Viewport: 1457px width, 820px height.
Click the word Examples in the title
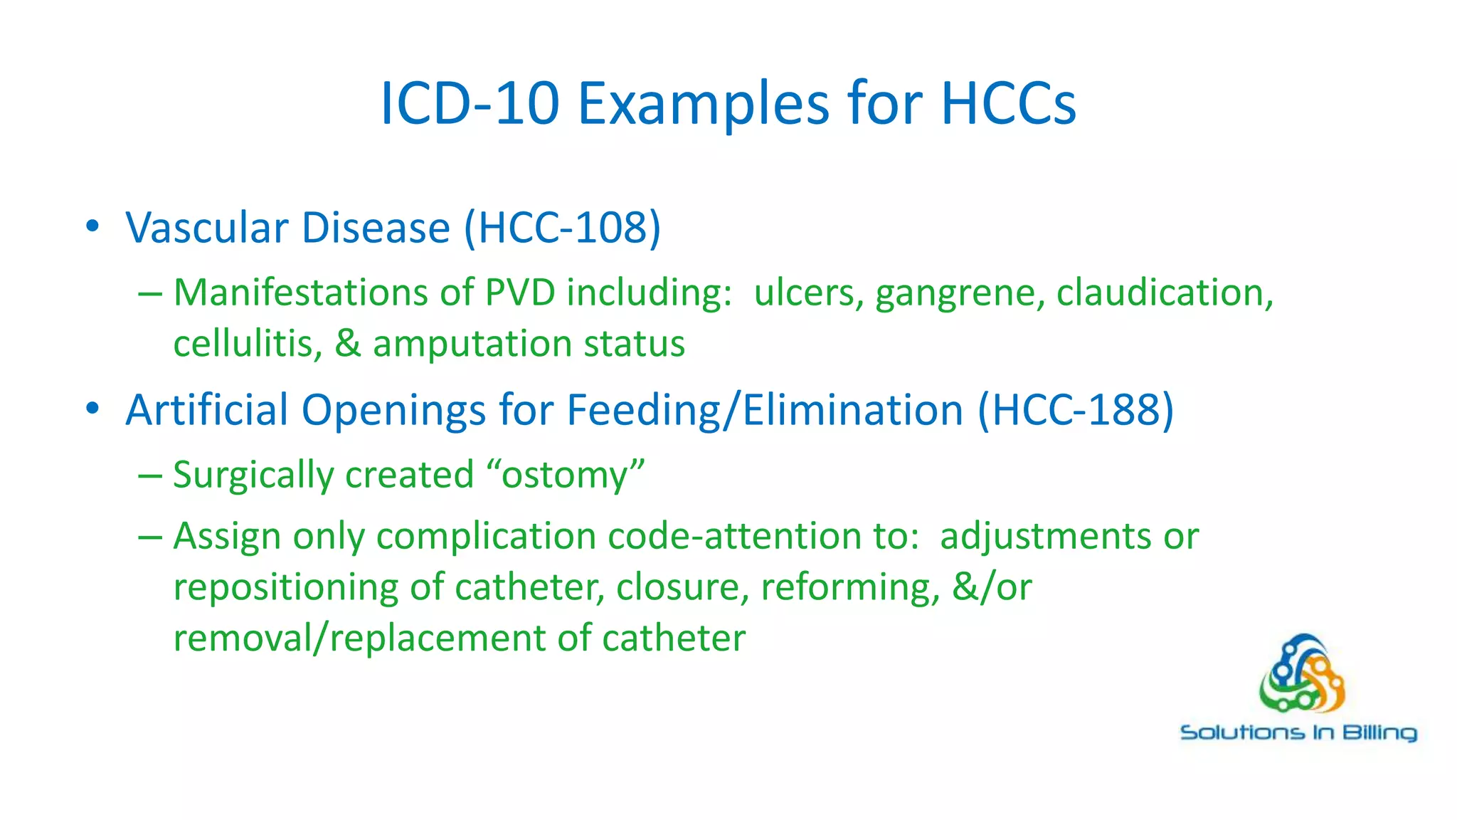pos(703,104)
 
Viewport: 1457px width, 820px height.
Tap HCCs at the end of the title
pos(1008,104)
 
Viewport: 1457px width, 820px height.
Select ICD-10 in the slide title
pos(470,104)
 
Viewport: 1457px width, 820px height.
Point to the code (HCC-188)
pos(1076,410)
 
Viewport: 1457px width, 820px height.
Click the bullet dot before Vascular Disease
pos(92,227)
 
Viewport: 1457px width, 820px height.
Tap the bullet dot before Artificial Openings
pos(92,409)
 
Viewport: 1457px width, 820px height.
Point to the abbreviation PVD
pos(520,293)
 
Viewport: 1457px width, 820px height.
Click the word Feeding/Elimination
pos(765,411)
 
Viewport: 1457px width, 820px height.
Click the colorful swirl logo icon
pos(1301,675)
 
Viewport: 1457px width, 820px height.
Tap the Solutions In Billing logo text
pos(1298,732)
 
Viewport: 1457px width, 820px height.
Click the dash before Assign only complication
pos(150,537)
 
